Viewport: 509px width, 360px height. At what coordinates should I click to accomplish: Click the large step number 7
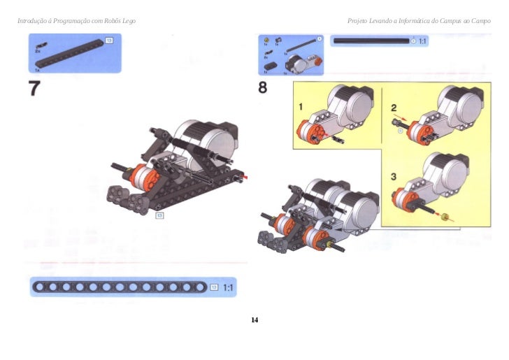[x=34, y=89]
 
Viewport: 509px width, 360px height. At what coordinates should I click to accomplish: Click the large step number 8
[x=264, y=88]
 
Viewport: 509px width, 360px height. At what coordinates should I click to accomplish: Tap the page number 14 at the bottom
[x=254, y=320]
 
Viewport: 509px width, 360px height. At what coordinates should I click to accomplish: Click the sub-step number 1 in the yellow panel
[x=301, y=106]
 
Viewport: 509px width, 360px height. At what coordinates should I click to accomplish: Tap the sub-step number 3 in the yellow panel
[x=394, y=176]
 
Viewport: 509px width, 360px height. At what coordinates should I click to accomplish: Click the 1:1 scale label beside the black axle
[x=422, y=41]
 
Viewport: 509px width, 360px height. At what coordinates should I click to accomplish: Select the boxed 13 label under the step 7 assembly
[x=159, y=215]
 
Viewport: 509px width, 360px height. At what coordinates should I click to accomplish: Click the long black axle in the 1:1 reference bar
[x=371, y=41]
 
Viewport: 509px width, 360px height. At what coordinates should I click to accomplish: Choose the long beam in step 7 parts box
[x=70, y=55]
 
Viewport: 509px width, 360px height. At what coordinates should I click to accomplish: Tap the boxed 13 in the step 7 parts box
[x=109, y=42]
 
